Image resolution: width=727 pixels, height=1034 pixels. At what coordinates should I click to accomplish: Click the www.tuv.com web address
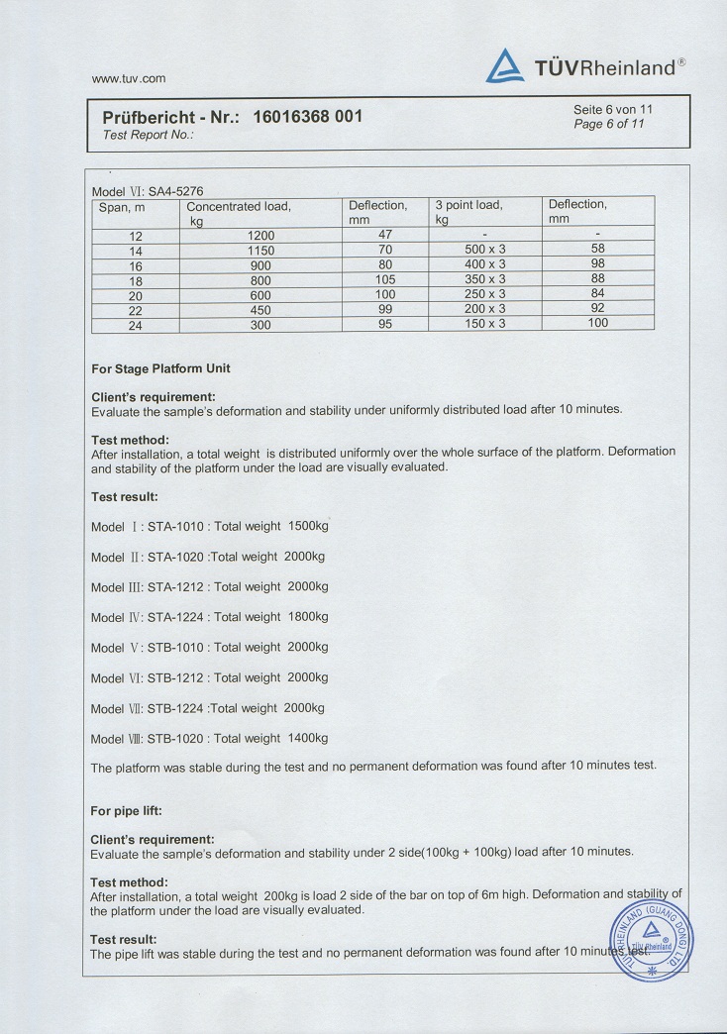pyautogui.click(x=128, y=77)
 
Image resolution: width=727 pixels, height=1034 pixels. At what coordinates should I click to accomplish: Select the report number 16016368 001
pyautogui.click(x=307, y=117)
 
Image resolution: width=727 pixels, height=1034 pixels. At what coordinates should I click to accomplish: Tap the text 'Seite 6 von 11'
pyautogui.click(x=613, y=109)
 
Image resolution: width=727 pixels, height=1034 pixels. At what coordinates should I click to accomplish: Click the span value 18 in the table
pyautogui.click(x=137, y=280)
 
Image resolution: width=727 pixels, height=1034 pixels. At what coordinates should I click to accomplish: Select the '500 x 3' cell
pyautogui.click(x=485, y=251)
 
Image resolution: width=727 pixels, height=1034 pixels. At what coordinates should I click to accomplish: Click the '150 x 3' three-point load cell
pyautogui.click(x=485, y=324)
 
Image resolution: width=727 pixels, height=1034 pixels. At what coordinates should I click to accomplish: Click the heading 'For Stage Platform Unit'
pyautogui.click(x=160, y=368)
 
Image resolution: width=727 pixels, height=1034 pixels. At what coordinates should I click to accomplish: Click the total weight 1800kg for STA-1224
pyautogui.click(x=307, y=616)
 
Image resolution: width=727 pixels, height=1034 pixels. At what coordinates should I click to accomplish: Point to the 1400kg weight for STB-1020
pyautogui.click(x=307, y=738)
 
